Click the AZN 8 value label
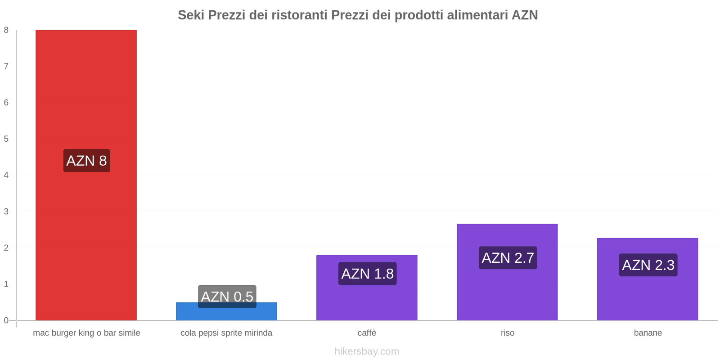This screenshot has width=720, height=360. (86, 161)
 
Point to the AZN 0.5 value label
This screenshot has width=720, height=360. (227, 297)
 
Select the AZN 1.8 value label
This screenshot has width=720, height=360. (367, 274)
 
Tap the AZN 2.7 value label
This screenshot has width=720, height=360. (508, 258)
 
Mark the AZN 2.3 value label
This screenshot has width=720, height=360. (648, 265)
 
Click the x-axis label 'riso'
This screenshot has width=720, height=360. (507, 333)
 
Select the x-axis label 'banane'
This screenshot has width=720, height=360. (648, 333)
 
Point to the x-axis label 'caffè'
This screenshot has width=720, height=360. (367, 333)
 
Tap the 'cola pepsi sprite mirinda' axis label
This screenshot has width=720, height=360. (226, 333)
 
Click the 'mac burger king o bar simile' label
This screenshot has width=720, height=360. (86, 333)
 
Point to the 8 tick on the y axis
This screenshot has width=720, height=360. (6, 30)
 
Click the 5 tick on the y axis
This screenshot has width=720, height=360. (6, 139)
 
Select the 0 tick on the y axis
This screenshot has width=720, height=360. (6, 320)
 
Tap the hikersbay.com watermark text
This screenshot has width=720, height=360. (367, 351)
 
